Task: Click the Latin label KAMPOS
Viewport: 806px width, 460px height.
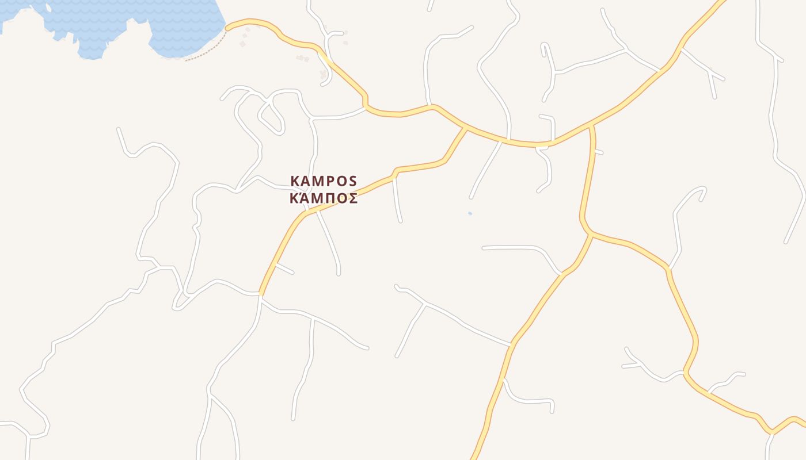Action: pos(324,181)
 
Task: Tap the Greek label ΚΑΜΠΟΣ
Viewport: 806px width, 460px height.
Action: pos(324,198)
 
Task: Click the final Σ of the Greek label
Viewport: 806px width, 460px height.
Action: pos(353,198)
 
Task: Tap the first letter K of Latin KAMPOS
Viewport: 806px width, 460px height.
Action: pos(295,181)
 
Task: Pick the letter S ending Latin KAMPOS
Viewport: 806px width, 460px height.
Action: pos(353,181)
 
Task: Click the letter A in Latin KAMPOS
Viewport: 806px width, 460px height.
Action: pos(305,181)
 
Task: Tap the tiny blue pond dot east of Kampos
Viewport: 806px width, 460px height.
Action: pos(470,213)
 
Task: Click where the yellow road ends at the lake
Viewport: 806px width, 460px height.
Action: pos(228,27)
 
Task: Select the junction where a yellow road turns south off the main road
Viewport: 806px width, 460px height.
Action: pos(591,125)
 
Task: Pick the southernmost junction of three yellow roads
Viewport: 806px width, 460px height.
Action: pos(592,234)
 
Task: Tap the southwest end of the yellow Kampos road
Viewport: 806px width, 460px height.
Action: pos(261,294)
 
